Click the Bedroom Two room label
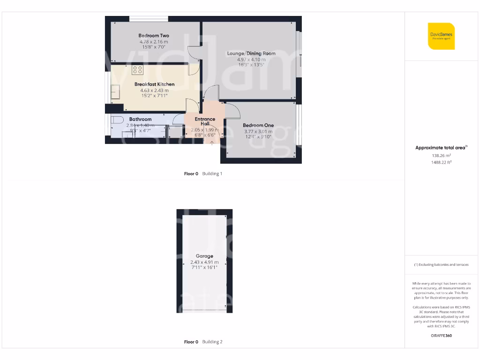tap(154, 36)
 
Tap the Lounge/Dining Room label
tap(251, 53)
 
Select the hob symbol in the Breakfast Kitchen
tap(137, 70)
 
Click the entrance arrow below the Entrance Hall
tap(212, 142)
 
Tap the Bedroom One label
tap(258, 125)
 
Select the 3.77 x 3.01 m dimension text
tap(258, 132)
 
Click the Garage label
tap(204, 256)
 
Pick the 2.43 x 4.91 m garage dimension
tap(204, 262)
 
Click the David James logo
tap(441, 36)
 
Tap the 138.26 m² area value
tap(441, 156)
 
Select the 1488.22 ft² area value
tap(441, 162)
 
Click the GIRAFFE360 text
tap(441, 336)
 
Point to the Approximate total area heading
tap(440, 148)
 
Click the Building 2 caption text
tap(212, 342)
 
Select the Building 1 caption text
tap(212, 173)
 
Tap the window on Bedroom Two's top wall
tap(149, 19)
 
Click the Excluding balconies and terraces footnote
tap(441, 265)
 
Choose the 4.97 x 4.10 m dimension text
tap(251, 60)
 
